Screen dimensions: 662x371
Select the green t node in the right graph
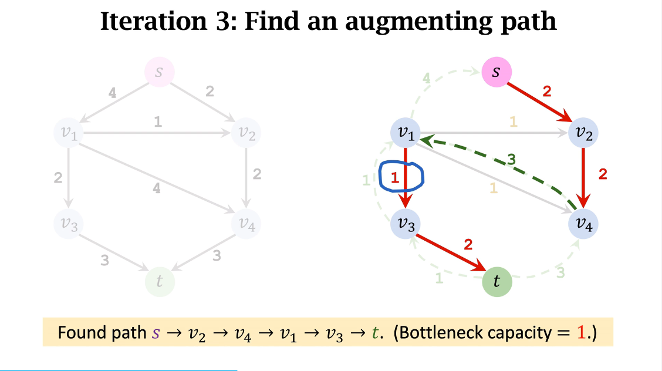coord(496,282)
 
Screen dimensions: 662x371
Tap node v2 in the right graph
coord(583,133)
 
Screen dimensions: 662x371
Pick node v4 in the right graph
coord(583,224)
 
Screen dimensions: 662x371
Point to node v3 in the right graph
coord(406,224)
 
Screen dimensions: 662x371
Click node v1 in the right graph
coord(406,133)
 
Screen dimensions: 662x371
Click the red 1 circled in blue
coord(395,177)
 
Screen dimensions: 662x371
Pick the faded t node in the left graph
coord(159,282)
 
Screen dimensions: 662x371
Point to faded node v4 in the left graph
coord(246,224)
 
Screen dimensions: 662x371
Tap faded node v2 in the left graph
coord(246,133)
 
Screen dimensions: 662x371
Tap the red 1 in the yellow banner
coord(581,333)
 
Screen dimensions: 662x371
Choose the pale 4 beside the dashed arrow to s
coord(427,77)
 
